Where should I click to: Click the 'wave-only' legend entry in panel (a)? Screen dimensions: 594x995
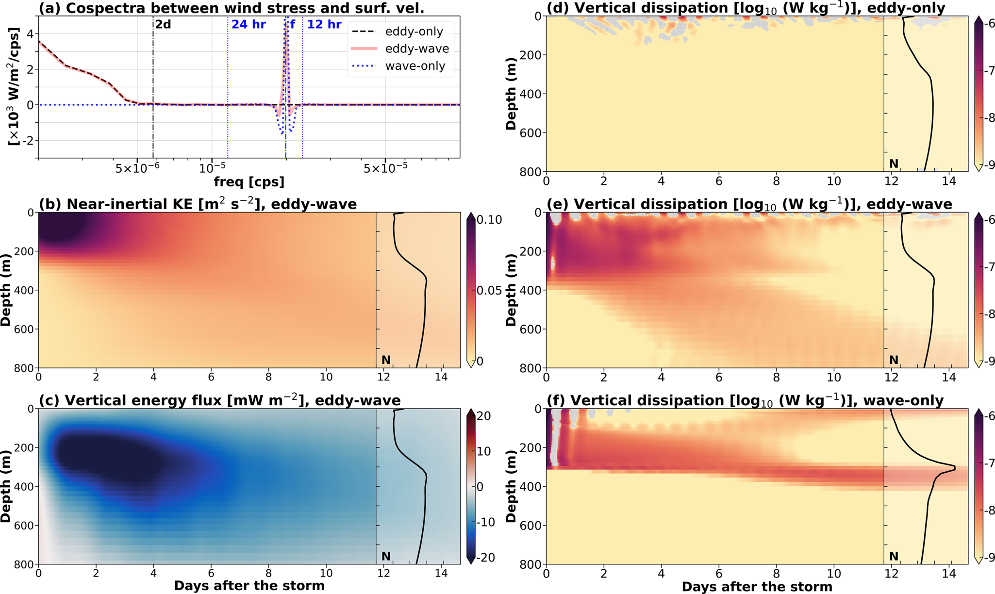click(x=415, y=66)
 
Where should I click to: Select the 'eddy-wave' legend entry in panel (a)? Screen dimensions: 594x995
click(x=416, y=49)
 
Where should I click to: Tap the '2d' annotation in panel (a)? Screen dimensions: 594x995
click(x=163, y=24)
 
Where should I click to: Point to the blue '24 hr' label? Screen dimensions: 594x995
click(x=249, y=24)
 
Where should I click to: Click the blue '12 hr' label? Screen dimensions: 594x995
click(x=324, y=24)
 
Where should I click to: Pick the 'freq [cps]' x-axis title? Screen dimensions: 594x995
click(x=249, y=181)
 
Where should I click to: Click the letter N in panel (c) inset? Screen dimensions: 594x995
click(x=386, y=556)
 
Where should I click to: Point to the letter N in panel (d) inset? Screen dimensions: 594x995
click(x=894, y=164)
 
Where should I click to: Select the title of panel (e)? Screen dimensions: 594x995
click(x=749, y=204)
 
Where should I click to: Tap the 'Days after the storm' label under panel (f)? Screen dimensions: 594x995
click(x=757, y=587)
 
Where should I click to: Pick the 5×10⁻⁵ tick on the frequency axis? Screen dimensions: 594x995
click(x=385, y=168)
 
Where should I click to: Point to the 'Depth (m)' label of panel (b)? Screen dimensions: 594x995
click(x=6, y=290)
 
